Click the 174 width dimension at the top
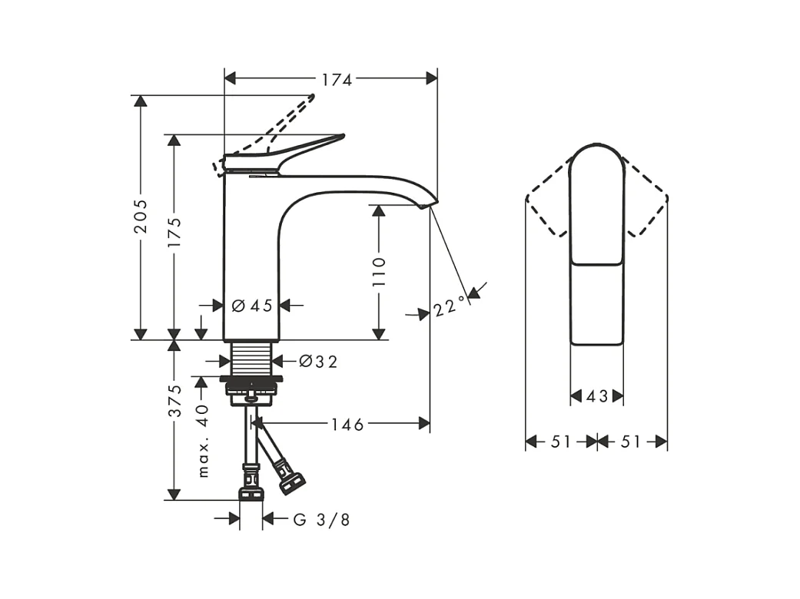[x=337, y=79]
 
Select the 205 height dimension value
[x=139, y=219]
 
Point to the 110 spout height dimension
[x=378, y=272]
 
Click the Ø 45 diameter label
[x=252, y=306]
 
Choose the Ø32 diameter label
[x=317, y=361]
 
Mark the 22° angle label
[x=450, y=306]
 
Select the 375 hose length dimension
[x=175, y=401]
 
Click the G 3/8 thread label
[x=322, y=520]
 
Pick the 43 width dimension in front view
[x=597, y=396]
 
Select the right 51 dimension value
[x=631, y=442]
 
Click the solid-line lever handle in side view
[x=307, y=147]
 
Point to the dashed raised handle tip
[x=310, y=98]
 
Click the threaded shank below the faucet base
[x=251, y=359]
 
